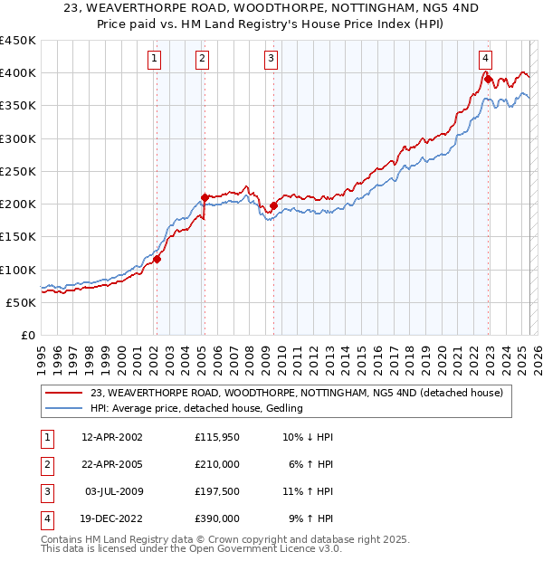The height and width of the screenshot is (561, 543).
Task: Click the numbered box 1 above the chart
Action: click(156, 60)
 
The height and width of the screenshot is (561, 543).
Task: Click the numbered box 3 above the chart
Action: click(271, 60)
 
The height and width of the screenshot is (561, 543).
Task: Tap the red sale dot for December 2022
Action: click(488, 79)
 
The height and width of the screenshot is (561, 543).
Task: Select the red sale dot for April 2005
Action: click(205, 196)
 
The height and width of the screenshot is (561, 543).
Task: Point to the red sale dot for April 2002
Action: click(157, 259)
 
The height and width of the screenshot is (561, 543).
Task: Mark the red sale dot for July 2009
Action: click(272, 205)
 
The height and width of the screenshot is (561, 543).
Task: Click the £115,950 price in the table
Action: click(216, 437)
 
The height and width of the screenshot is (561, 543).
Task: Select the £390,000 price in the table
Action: click(216, 518)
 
